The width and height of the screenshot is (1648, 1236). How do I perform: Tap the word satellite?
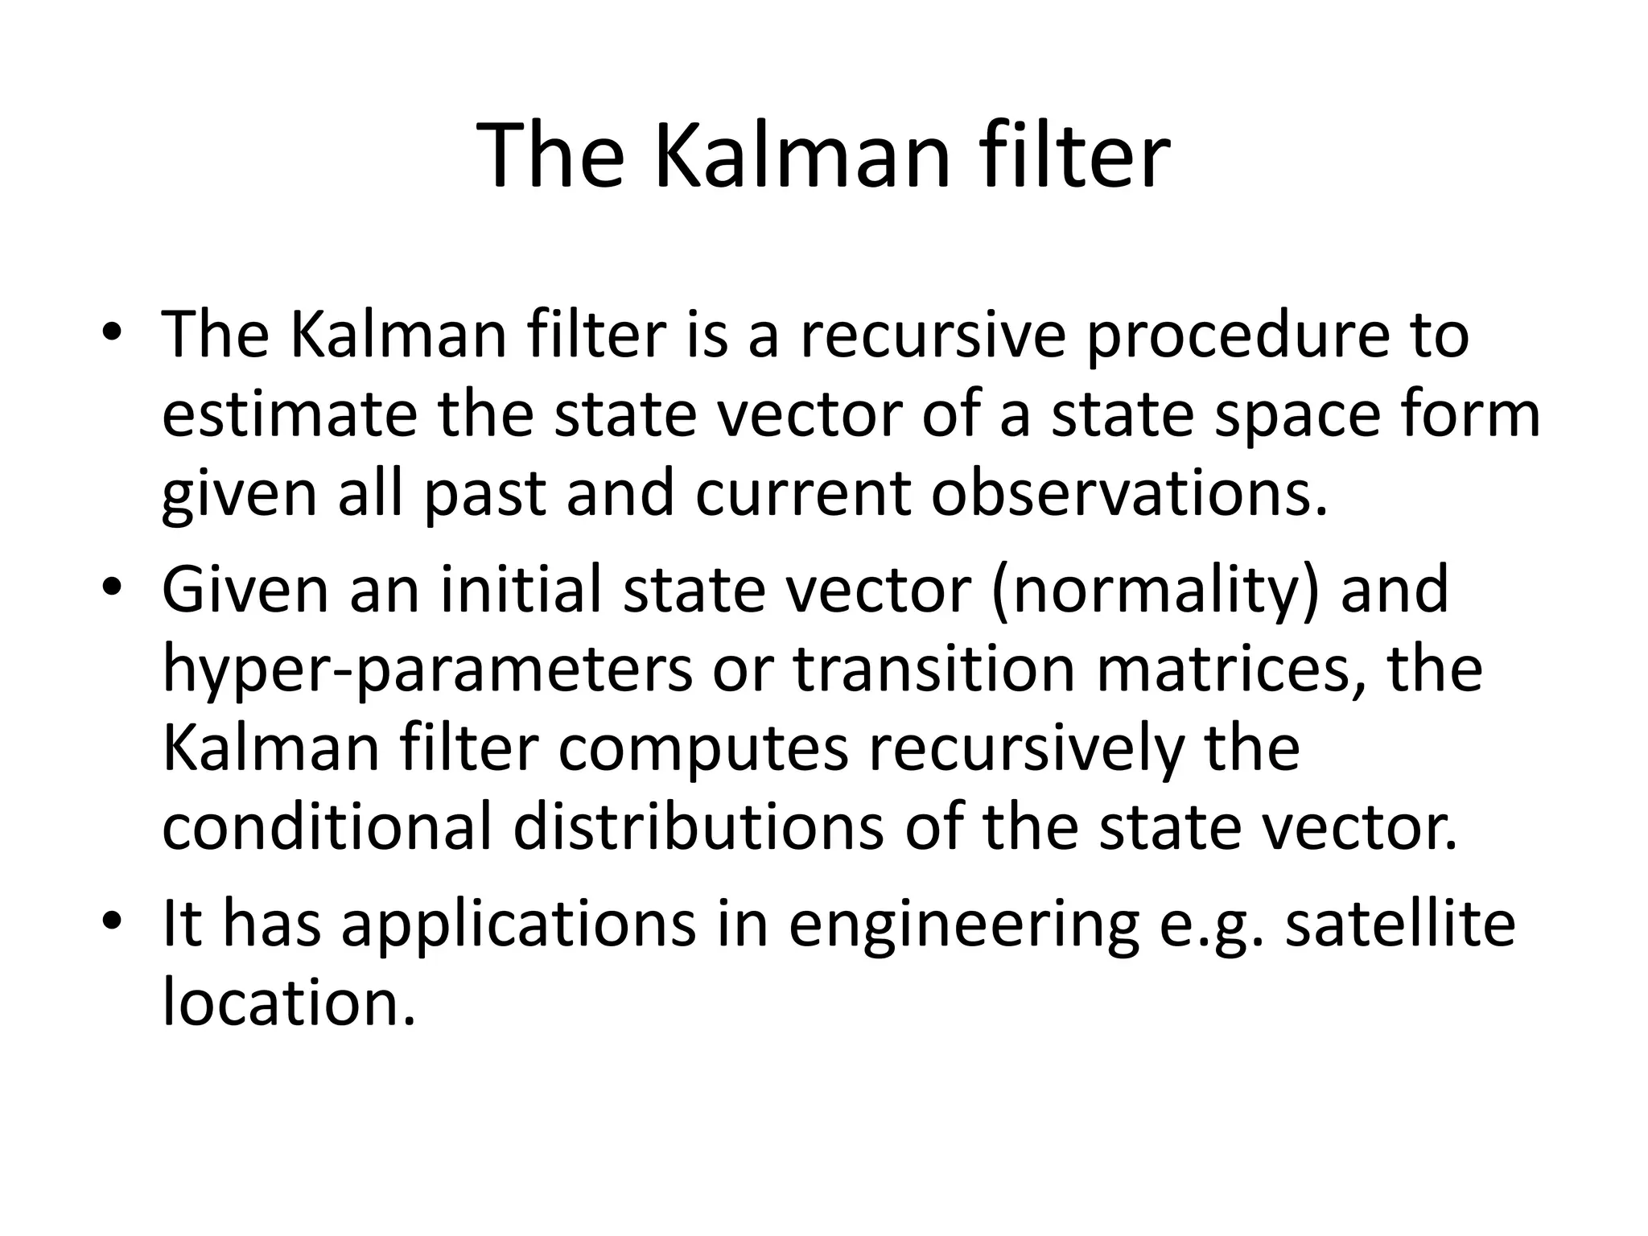(1399, 922)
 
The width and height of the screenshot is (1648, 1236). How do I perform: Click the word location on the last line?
(288, 1003)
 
